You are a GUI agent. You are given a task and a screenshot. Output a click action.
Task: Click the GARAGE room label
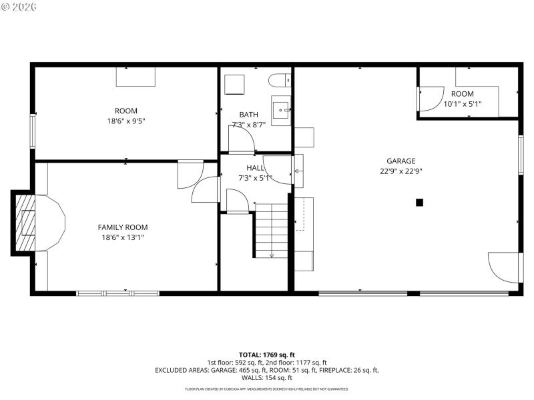(x=400, y=161)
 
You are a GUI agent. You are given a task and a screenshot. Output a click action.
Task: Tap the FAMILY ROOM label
(x=123, y=227)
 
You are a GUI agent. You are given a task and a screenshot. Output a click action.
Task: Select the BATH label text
(x=248, y=115)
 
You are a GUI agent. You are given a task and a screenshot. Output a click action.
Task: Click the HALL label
(x=255, y=168)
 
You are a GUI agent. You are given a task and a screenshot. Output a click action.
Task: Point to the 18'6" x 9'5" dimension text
(x=125, y=121)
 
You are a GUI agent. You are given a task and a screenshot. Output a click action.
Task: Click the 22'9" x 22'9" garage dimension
(x=400, y=171)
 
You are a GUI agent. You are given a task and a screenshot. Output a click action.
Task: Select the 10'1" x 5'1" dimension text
(x=462, y=104)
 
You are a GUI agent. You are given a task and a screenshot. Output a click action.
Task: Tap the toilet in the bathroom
(x=280, y=81)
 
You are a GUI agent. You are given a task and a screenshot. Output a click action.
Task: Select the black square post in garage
(x=419, y=203)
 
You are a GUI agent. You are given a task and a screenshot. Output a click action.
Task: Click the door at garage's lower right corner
(x=505, y=268)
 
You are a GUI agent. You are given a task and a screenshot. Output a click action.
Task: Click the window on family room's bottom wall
(x=117, y=293)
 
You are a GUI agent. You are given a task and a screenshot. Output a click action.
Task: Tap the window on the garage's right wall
(x=521, y=155)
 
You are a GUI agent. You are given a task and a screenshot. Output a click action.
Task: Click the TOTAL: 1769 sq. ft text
(x=266, y=355)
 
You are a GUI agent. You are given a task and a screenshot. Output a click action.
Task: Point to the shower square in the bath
(x=234, y=85)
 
